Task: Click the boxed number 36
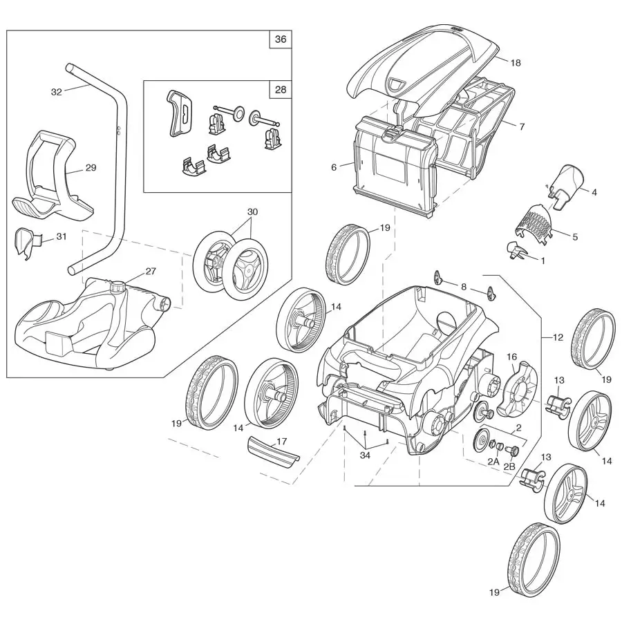tap(280, 39)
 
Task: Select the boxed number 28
tap(280, 90)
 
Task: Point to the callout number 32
tap(57, 91)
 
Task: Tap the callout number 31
tap(62, 236)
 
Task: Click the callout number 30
tap(252, 211)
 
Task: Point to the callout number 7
tap(522, 126)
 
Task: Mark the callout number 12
tap(557, 337)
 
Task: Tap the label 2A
tap(493, 461)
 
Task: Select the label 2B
tap(509, 466)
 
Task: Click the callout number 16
tap(512, 357)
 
